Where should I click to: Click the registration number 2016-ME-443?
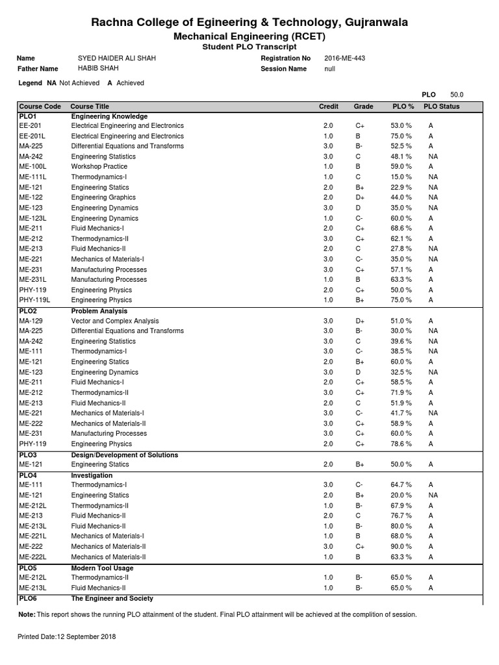click(x=344, y=58)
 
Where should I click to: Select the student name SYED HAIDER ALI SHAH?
click(x=116, y=58)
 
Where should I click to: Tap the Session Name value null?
click(x=330, y=69)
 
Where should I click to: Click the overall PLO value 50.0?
click(x=457, y=94)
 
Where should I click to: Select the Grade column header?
click(x=363, y=107)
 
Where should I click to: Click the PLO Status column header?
click(x=441, y=107)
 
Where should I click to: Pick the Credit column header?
click(x=328, y=107)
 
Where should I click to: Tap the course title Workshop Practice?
click(x=99, y=167)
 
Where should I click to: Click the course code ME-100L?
click(x=33, y=167)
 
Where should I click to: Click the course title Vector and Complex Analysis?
click(x=115, y=321)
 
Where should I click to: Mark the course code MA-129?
click(x=32, y=321)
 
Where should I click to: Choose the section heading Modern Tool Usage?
click(x=102, y=568)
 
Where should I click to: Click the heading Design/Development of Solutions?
click(x=124, y=455)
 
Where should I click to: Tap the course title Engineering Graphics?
click(x=103, y=197)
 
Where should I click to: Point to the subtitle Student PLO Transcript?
click(x=249, y=47)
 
